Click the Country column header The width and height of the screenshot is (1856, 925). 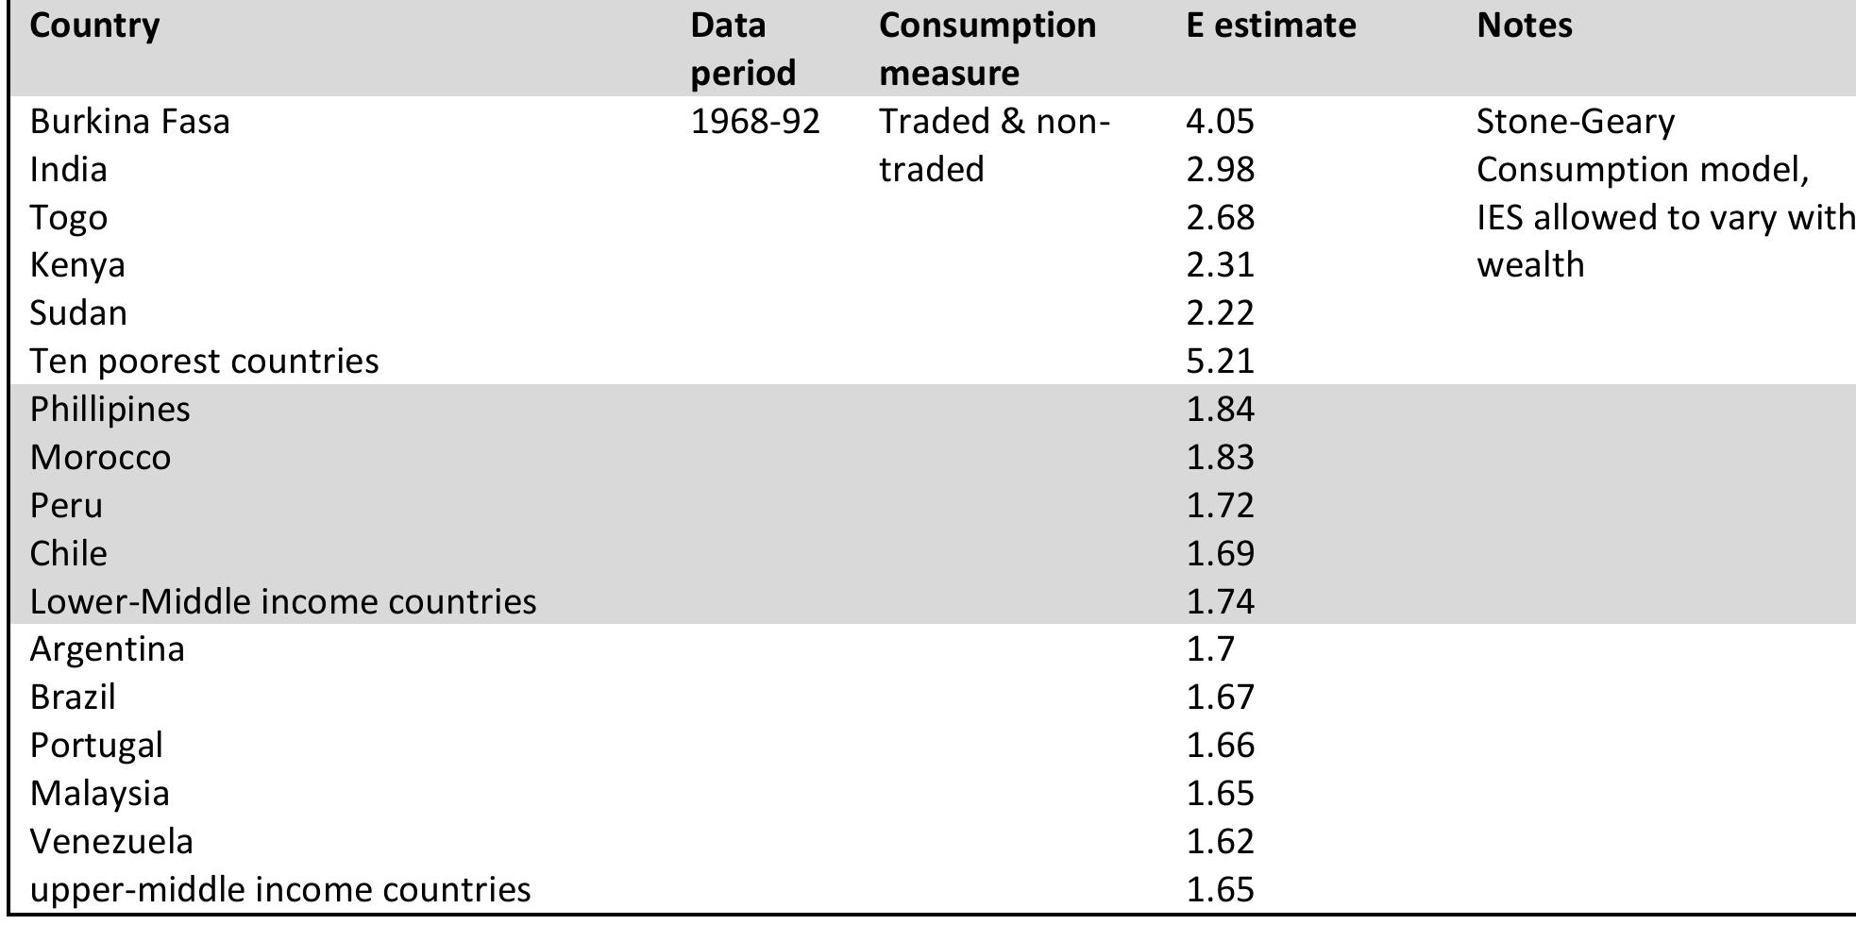[94, 25]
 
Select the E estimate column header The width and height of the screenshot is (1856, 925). [1271, 25]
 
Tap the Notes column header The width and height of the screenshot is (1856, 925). [1524, 25]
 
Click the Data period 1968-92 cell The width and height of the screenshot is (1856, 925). [755, 122]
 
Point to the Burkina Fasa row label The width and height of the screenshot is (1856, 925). [129, 122]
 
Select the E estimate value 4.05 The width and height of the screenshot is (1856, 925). [1220, 122]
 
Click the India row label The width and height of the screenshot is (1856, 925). [68, 170]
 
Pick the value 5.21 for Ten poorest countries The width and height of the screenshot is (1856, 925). [1220, 362]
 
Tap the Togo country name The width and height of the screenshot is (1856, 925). [68, 218]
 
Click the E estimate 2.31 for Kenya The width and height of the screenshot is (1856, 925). [1220, 265]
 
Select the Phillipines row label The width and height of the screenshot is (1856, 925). [110, 410]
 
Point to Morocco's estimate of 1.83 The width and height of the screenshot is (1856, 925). [1220, 458]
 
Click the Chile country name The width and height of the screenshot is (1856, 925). [68, 553]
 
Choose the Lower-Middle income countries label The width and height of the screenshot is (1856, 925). [282, 601]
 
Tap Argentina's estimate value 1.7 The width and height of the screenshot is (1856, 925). [1209, 649]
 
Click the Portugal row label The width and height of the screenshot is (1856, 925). [96, 746]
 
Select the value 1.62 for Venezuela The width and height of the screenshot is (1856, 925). [1220, 841]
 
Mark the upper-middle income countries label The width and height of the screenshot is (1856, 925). [279, 889]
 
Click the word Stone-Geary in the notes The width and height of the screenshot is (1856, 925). [1575, 122]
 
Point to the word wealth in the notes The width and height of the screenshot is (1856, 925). [1529, 265]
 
